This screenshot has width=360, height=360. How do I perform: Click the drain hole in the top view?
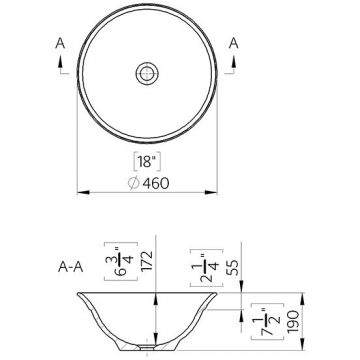[147, 73]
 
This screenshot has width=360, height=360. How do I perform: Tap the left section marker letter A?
[60, 44]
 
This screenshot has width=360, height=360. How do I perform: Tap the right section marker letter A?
[234, 44]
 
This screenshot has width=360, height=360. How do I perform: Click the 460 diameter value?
[156, 183]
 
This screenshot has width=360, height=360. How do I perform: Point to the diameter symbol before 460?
[134, 183]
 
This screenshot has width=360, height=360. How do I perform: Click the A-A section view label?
[70, 267]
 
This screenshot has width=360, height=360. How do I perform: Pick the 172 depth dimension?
[147, 261]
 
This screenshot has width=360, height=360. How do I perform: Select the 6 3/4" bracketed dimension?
[121, 261]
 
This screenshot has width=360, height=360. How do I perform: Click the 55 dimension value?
[234, 268]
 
